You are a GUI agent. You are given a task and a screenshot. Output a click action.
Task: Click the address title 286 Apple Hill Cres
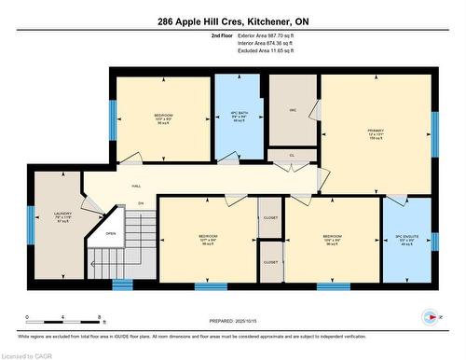click(232, 21)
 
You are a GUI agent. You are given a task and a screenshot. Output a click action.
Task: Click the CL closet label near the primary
click(292, 155)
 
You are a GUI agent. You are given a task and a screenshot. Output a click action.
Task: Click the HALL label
click(136, 186)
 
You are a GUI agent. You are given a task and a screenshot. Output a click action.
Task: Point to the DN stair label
click(141, 202)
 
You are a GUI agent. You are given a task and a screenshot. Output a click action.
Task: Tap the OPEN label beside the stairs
click(111, 234)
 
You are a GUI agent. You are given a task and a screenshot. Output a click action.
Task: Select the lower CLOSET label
click(270, 262)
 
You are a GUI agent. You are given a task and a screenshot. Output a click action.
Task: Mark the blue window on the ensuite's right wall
click(434, 242)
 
